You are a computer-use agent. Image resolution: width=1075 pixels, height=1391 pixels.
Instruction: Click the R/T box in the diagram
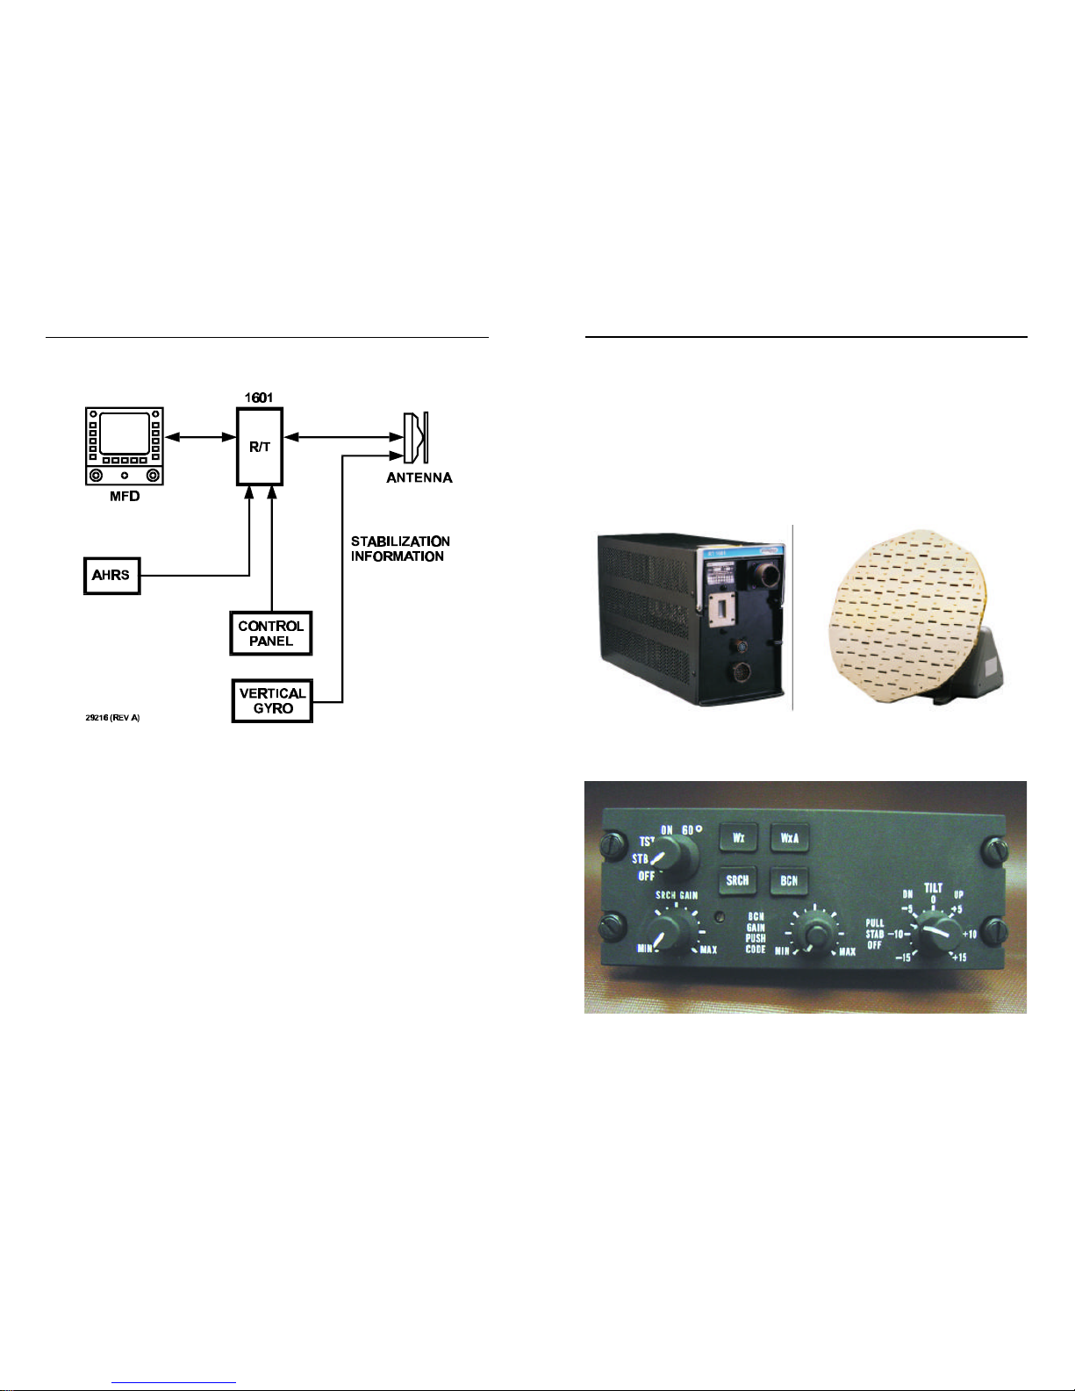(x=260, y=447)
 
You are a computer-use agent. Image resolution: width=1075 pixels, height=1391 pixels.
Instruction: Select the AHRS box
(x=111, y=576)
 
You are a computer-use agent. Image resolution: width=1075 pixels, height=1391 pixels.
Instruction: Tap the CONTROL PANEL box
(x=270, y=634)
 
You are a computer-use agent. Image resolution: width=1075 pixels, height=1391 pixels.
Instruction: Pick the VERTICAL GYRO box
(x=272, y=701)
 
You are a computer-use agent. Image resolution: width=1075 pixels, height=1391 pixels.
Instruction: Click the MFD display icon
(x=125, y=446)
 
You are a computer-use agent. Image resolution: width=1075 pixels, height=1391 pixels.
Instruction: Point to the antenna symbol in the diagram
(x=415, y=437)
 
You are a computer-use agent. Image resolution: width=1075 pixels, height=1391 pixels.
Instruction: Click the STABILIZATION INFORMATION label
(x=400, y=549)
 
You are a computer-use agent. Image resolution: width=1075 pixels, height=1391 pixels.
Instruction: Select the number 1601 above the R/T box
(x=259, y=398)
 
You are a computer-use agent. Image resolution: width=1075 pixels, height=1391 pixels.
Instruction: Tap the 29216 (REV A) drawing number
(x=112, y=718)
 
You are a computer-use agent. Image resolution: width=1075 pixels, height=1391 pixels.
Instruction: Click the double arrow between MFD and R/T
(x=200, y=437)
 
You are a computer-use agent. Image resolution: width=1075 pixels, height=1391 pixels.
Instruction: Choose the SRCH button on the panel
(x=738, y=880)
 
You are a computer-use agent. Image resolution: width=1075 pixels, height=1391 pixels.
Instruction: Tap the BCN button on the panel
(x=789, y=880)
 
